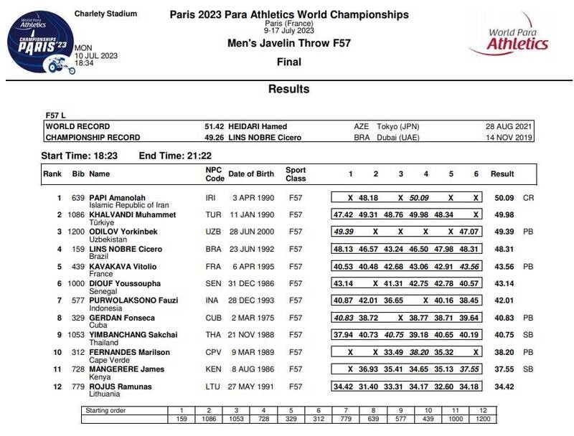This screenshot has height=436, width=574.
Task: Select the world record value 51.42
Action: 215,125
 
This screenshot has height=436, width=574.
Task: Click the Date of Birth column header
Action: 252,174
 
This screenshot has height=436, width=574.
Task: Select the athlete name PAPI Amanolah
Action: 118,196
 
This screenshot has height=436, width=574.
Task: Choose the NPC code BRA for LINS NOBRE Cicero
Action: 213,249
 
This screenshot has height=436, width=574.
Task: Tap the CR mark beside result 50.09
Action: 529,196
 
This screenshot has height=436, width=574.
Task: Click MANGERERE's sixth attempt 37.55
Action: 469,369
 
